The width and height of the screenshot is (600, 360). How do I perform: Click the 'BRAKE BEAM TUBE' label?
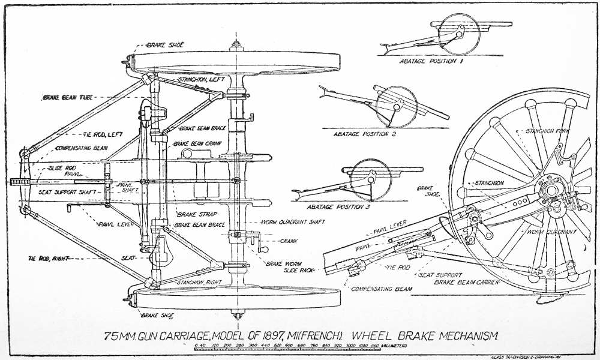click(x=67, y=97)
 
